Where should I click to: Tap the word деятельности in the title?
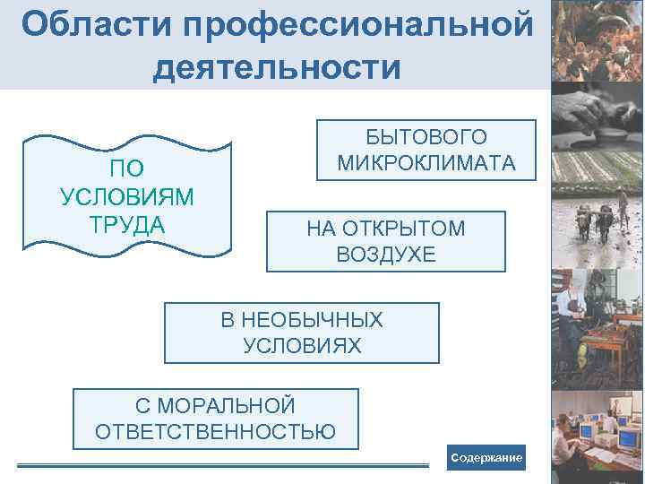point(277,67)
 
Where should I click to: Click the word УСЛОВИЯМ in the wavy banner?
point(127,196)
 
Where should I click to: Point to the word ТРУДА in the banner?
point(127,223)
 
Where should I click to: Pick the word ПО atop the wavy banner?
point(127,169)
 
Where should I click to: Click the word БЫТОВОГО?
point(426,137)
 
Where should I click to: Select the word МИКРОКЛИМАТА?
point(426,163)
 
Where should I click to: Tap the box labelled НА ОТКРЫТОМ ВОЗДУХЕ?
point(386,241)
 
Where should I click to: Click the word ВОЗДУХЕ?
point(386,255)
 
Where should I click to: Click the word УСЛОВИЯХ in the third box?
point(303,345)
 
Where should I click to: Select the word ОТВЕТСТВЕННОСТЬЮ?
point(216,432)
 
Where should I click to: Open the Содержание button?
point(486,458)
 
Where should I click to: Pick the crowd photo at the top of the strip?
point(596,40)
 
